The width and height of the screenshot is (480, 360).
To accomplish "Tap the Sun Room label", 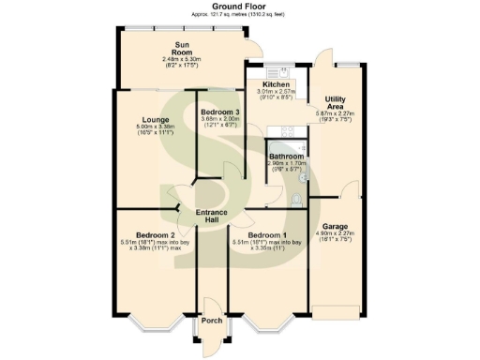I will [183, 48].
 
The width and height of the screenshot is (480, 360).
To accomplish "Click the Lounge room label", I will [155, 119].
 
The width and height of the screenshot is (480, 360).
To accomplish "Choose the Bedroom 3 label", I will [220, 112].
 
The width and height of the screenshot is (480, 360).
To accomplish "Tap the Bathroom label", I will [285, 157].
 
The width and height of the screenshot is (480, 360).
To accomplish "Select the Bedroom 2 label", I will [155, 234].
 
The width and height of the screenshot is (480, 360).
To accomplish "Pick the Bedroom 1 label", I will [265, 234].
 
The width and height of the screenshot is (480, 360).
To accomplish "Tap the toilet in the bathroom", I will [296, 199].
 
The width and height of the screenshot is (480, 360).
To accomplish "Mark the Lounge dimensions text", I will [155, 134].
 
